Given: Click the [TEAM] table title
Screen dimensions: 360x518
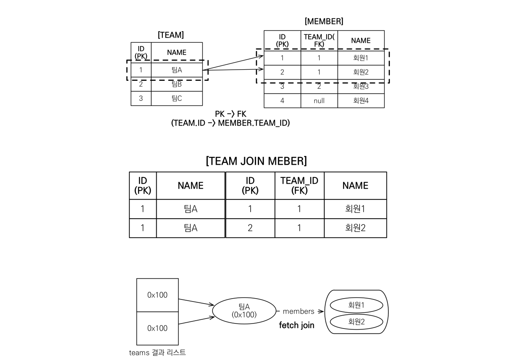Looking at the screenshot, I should point(170,35).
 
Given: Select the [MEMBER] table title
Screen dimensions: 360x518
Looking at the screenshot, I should point(324,21).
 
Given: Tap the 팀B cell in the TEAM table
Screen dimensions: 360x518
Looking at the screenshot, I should point(177,84).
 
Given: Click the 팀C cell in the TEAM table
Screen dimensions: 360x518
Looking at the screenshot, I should point(177,98).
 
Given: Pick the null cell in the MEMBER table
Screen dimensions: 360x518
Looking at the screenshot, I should point(319,100).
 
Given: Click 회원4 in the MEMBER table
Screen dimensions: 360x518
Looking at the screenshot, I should point(361,100).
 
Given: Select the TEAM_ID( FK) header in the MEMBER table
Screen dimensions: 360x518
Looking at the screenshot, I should point(319,40).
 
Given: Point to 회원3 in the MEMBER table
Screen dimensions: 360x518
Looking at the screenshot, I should point(361,86).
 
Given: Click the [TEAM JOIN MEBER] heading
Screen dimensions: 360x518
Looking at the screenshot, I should point(256,161).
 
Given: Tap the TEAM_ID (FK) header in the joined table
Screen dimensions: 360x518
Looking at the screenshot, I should point(299,185).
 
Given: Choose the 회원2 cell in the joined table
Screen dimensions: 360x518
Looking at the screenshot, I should point(355,228).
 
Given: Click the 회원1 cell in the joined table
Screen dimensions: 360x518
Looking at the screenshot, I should point(355,209).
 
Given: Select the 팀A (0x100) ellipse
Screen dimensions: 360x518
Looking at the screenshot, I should point(244,311).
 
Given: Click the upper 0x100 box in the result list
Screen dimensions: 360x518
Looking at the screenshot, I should point(157,295).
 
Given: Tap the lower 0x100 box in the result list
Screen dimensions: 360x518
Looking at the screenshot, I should point(157,328).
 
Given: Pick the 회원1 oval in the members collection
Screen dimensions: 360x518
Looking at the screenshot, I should point(356,305).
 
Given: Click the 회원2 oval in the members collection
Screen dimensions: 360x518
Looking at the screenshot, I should point(356,321).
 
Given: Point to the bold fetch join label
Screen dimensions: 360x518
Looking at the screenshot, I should point(297,326).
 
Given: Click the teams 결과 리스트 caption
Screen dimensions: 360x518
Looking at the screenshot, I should point(157,353).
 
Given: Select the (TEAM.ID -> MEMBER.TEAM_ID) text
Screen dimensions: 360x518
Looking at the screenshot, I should point(230,123).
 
